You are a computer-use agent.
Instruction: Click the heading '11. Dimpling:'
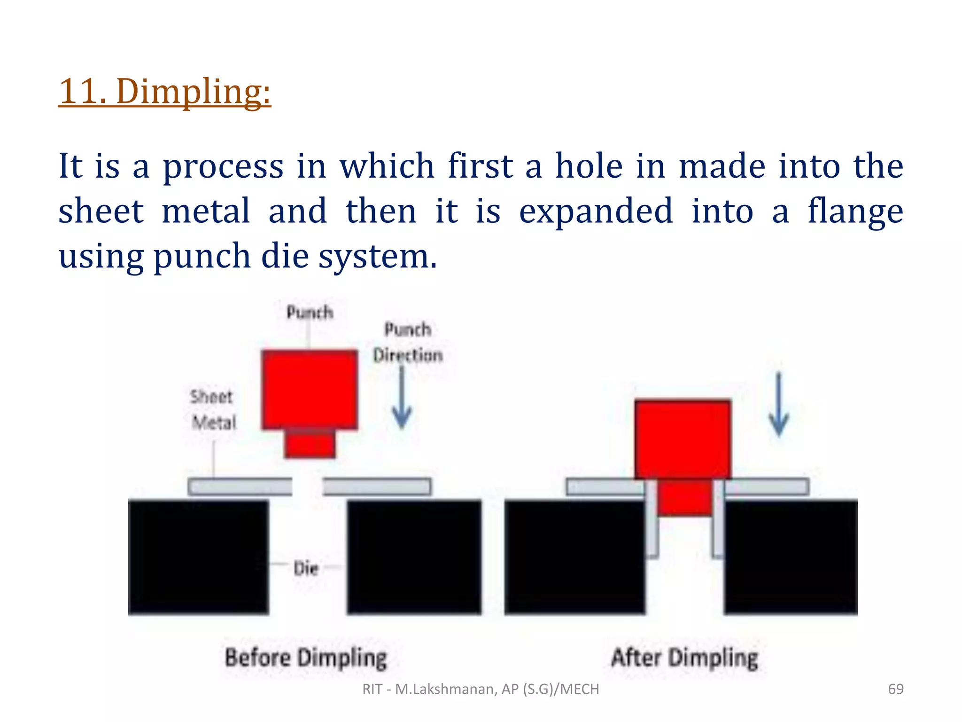tap(164, 91)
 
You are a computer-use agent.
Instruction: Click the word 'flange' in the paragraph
tap(855, 211)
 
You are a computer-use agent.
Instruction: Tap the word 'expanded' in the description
tap(596, 211)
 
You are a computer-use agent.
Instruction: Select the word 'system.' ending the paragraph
tap(378, 257)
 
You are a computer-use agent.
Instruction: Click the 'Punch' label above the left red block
tap(310, 313)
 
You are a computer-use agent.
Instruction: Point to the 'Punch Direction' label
tap(408, 342)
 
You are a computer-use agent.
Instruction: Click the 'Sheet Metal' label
tap(213, 409)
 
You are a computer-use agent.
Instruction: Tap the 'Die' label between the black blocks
tap(306, 568)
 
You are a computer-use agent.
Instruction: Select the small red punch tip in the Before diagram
tap(310, 444)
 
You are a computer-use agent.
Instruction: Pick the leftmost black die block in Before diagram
tap(198, 557)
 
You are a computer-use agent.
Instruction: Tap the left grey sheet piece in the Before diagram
tap(240, 487)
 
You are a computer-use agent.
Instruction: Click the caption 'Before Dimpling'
tap(306, 658)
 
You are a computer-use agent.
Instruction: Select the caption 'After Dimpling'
tap(684, 658)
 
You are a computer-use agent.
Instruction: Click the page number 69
tap(895, 689)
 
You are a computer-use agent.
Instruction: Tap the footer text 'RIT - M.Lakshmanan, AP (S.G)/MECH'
tap(481, 689)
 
